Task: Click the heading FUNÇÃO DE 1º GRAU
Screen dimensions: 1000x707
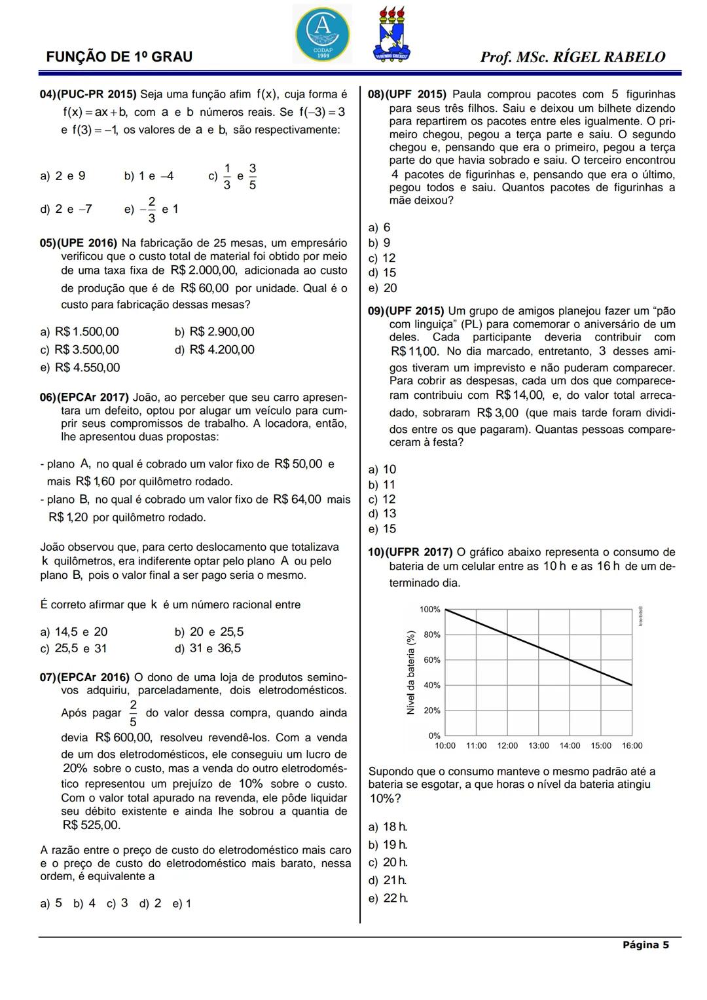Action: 119,57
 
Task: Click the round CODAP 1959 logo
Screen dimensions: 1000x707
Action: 322,33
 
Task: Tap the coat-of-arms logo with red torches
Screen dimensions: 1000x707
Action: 391,35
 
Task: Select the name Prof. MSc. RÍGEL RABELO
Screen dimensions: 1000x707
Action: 572,57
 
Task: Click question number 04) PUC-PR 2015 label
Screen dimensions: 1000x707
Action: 88,94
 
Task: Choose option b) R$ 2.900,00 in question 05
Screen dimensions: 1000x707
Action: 214,332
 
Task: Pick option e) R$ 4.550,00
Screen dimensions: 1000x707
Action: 80,367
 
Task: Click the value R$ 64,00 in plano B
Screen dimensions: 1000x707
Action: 297,500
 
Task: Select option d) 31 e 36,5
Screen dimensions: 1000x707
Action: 208,648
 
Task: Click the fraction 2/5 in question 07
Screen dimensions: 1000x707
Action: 133,713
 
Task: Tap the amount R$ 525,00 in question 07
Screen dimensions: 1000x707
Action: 91,825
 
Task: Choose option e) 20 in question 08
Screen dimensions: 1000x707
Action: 383,288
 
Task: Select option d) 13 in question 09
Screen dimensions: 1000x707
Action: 382,513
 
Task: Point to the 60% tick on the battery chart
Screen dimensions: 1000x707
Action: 431,660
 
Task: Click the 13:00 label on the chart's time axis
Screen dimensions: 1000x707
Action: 538,746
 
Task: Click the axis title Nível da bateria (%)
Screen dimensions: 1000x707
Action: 410,672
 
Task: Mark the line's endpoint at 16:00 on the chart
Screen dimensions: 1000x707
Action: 632,685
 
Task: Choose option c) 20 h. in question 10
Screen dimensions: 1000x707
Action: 388,862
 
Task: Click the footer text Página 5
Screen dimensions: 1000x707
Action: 645,944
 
